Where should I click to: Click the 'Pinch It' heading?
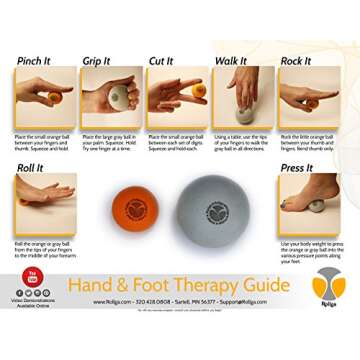point(36,60)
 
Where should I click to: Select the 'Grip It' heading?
point(97,60)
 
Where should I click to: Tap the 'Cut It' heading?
point(161,60)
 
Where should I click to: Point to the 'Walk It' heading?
point(230,60)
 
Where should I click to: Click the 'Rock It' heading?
point(295,60)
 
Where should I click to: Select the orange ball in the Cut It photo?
point(199,90)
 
